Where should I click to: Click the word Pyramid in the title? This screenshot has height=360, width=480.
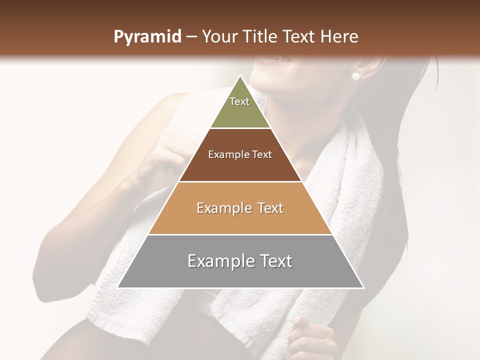click(x=147, y=37)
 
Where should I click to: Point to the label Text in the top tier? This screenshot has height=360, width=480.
click(x=239, y=101)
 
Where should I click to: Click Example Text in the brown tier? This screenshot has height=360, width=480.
click(x=240, y=154)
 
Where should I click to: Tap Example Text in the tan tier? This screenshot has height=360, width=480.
click(x=240, y=208)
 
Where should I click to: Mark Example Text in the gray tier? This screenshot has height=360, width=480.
click(x=240, y=261)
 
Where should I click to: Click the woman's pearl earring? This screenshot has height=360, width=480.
click(x=355, y=76)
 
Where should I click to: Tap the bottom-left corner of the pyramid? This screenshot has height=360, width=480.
click(x=118, y=288)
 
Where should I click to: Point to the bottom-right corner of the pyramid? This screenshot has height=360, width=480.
click(x=363, y=288)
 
